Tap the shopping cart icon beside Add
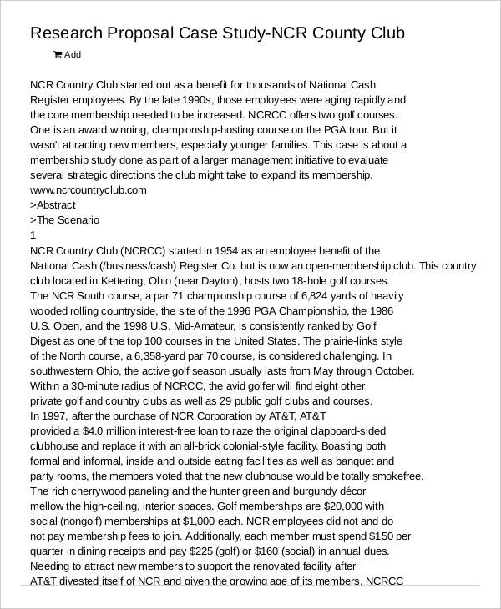click(x=58, y=55)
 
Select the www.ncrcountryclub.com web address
click(x=89, y=189)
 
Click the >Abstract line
click(x=53, y=205)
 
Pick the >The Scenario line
click(x=64, y=220)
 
